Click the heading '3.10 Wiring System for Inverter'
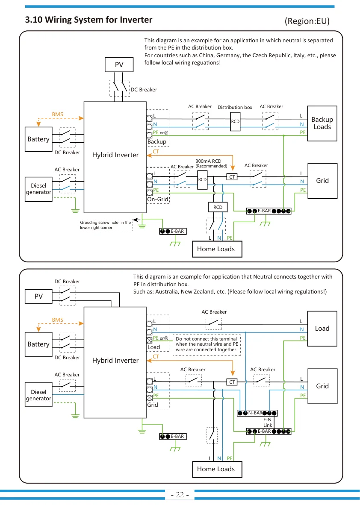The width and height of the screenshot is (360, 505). tap(89, 20)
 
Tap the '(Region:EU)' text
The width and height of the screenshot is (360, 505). tap(307, 21)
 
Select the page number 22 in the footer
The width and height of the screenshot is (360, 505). tap(180, 494)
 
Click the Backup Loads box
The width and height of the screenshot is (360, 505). tap(322, 123)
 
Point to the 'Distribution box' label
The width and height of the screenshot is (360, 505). tap(235, 107)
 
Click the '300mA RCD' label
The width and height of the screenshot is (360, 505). tap(208, 161)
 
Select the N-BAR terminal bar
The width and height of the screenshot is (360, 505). tap(257, 413)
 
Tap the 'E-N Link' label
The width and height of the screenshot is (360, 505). tap(268, 422)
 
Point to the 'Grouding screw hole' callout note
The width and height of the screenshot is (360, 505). tap(105, 225)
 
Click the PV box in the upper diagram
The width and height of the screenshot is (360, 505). tap(119, 65)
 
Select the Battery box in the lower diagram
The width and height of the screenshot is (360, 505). tap(38, 344)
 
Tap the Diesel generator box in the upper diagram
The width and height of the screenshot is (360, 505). tap(38, 189)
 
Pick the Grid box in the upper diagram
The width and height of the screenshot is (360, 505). tap(322, 181)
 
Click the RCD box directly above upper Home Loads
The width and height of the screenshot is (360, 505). tap(218, 207)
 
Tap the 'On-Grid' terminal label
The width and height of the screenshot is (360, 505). tap(158, 200)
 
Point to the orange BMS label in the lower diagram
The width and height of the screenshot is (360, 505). tap(58, 320)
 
